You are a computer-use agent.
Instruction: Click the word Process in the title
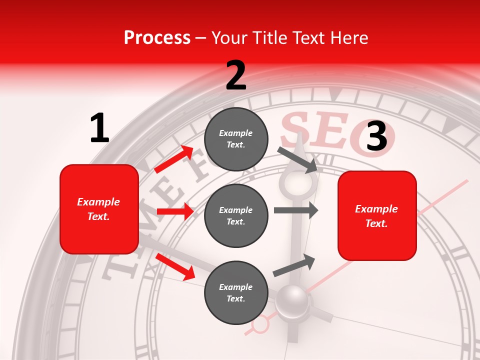[x=157, y=38]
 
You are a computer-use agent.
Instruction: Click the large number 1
[x=99, y=128]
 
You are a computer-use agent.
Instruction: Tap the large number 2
[x=236, y=75]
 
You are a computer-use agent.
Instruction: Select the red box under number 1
[x=99, y=209]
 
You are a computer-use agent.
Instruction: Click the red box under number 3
[x=377, y=216]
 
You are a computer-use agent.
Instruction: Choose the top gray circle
[x=236, y=139]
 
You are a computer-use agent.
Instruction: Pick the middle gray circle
[x=236, y=215]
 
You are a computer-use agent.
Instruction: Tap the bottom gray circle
[x=236, y=292]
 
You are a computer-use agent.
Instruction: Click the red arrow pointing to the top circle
[x=174, y=159]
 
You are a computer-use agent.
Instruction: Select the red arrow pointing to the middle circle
[x=175, y=211]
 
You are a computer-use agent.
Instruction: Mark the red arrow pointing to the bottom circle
[x=175, y=266]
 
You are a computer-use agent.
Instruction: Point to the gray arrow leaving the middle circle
[x=296, y=210]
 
